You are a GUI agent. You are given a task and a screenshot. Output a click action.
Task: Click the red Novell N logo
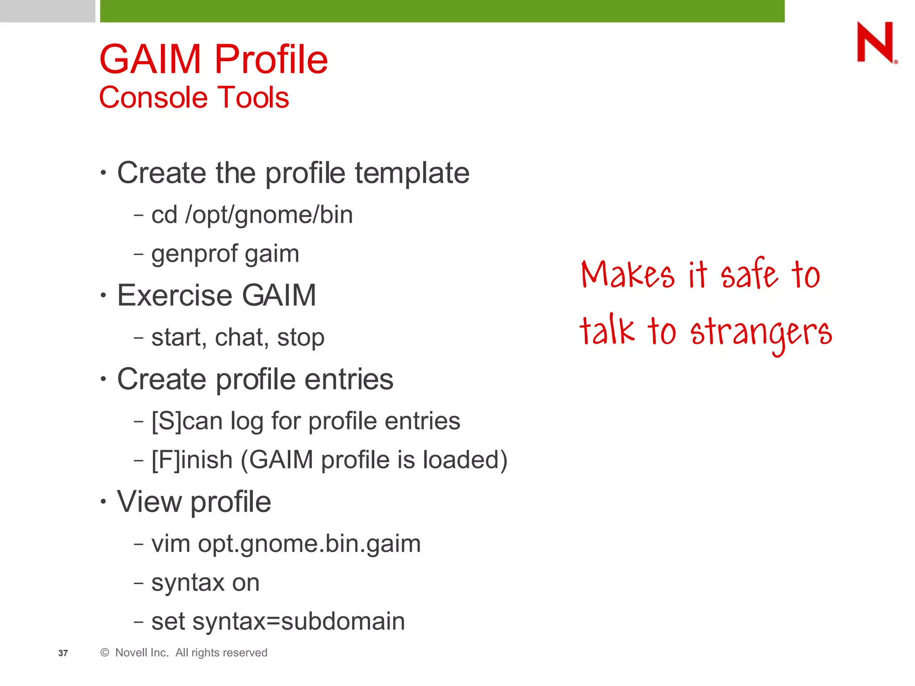click(x=875, y=42)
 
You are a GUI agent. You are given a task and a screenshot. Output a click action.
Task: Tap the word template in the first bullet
click(x=412, y=173)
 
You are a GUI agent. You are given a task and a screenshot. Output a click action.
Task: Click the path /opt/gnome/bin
click(x=269, y=215)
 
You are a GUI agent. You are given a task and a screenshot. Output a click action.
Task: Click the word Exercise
click(x=175, y=295)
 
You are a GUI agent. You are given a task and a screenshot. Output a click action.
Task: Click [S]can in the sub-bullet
click(x=187, y=421)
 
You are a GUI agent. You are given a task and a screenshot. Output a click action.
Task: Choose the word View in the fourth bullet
click(x=149, y=502)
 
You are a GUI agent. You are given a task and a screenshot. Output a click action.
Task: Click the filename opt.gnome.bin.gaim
click(x=309, y=544)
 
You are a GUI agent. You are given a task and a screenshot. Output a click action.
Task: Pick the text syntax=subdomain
click(x=298, y=621)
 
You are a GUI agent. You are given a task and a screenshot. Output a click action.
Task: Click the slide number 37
click(x=63, y=653)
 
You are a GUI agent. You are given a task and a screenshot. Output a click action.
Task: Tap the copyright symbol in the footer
click(x=105, y=653)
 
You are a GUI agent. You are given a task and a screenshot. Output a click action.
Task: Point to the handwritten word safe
click(x=749, y=273)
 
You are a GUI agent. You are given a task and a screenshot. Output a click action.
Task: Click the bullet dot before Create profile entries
click(x=103, y=379)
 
